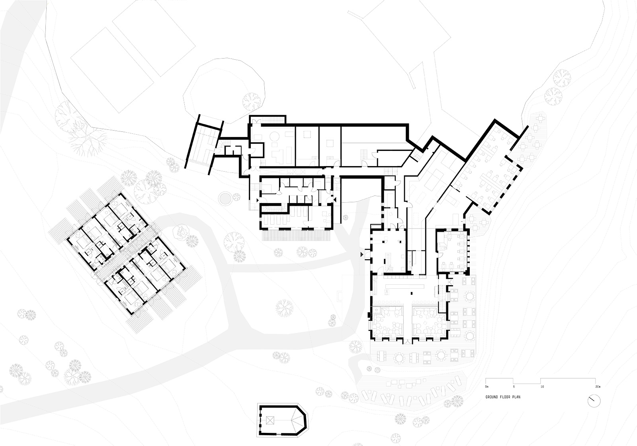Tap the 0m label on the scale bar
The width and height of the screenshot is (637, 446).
487,387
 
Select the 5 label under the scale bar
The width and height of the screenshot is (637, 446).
514,387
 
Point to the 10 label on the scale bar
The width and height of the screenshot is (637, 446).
542,387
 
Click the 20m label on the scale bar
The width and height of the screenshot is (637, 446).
598,387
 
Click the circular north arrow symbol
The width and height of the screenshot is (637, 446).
594,401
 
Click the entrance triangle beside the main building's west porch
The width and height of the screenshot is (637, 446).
362,254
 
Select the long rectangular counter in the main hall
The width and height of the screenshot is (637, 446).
404,286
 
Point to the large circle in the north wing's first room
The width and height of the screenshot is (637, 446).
275,137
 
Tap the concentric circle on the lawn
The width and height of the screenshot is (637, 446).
225,197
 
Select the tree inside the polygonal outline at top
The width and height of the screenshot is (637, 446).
251,102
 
